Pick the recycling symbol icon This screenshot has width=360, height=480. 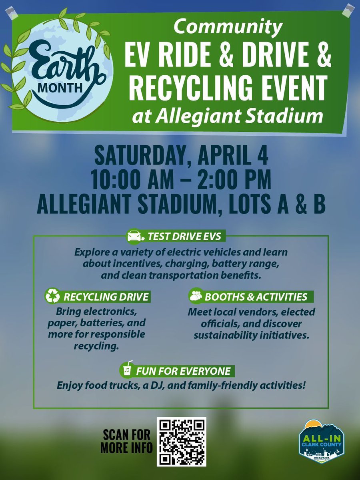tap(52, 297)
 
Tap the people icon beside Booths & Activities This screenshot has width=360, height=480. tap(196, 297)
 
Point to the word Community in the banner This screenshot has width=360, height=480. tap(228, 27)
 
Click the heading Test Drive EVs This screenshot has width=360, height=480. tap(184, 236)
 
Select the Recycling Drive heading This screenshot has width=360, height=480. tap(106, 297)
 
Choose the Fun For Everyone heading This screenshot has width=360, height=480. tap(183, 371)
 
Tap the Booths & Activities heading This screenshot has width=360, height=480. tap(256, 297)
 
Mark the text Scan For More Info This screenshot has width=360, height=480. tap(126, 441)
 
